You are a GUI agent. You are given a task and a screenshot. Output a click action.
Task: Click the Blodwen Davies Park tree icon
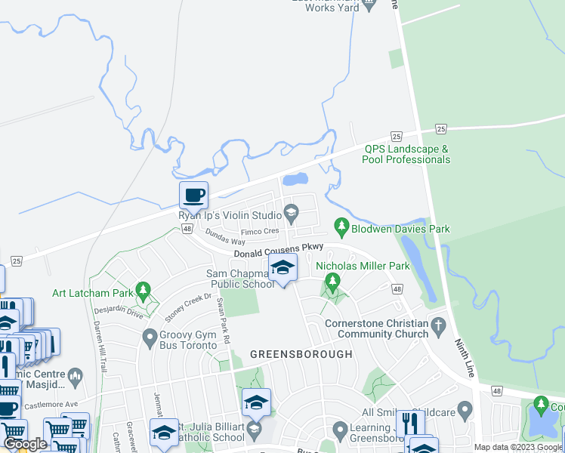coord(341,226)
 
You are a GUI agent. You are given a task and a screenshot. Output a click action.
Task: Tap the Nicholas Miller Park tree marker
coord(331,282)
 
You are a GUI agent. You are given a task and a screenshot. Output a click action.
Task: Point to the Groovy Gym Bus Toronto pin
coord(150,334)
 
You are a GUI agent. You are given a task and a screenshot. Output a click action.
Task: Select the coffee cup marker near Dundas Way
coord(193,196)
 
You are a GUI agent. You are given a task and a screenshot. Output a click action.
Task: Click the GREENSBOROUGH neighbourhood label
coord(301,354)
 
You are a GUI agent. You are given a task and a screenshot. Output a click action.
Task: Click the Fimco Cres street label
coord(259,230)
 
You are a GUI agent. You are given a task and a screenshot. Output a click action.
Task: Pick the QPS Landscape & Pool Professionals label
coord(406,154)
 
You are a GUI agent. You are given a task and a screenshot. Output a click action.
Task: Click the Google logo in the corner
coord(24,444)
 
